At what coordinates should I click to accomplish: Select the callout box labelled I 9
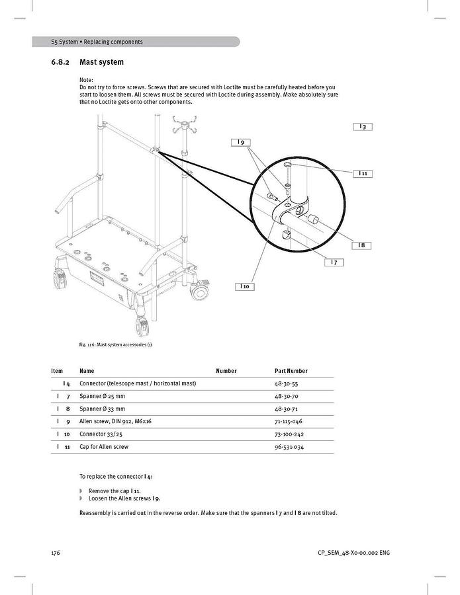tap(241, 142)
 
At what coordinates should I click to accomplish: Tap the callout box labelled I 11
tap(363, 173)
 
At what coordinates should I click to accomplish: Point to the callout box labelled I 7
tap(334, 262)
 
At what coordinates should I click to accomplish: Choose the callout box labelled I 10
tap(244, 286)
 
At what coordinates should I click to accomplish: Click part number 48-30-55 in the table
tap(287, 383)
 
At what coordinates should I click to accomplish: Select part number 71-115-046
tap(289, 421)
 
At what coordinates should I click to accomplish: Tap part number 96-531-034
tap(289, 447)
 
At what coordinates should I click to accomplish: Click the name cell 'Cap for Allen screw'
tap(104, 447)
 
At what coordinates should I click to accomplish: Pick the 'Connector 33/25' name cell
tap(101, 434)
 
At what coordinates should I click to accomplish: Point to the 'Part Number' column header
tap(291, 371)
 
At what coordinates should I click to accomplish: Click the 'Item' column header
tap(57, 371)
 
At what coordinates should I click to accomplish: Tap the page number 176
tap(56, 553)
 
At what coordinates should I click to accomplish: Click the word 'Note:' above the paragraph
tap(86, 80)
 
